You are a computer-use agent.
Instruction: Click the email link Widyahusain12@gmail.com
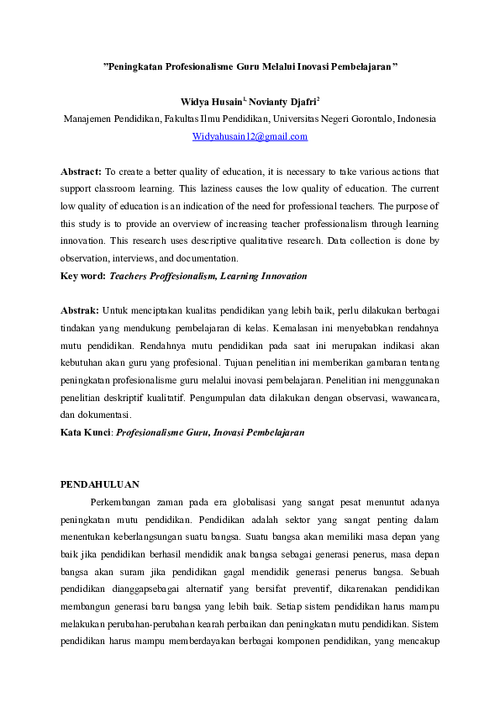click(250, 136)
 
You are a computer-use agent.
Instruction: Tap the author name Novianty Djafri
click(278, 102)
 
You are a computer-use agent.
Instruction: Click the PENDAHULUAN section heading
click(101, 484)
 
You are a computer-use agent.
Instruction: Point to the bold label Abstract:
click(81, 172)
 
